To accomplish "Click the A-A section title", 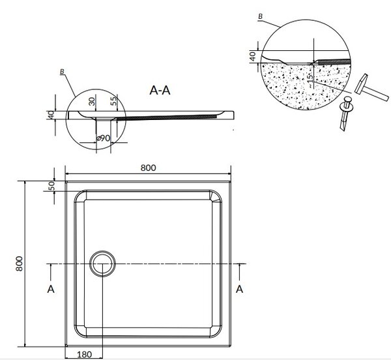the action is [160, 90].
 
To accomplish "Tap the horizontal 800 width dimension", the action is [148, 168].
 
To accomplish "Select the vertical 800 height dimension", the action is [19, 263].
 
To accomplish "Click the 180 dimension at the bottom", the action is [84, 354].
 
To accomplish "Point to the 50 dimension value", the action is [51, 186].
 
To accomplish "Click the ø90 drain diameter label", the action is [103, 138].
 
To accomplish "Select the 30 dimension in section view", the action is [92, 101].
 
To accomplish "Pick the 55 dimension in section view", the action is [113, 100].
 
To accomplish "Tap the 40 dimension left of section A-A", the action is [51, 115].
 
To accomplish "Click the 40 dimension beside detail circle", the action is [253, 57].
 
